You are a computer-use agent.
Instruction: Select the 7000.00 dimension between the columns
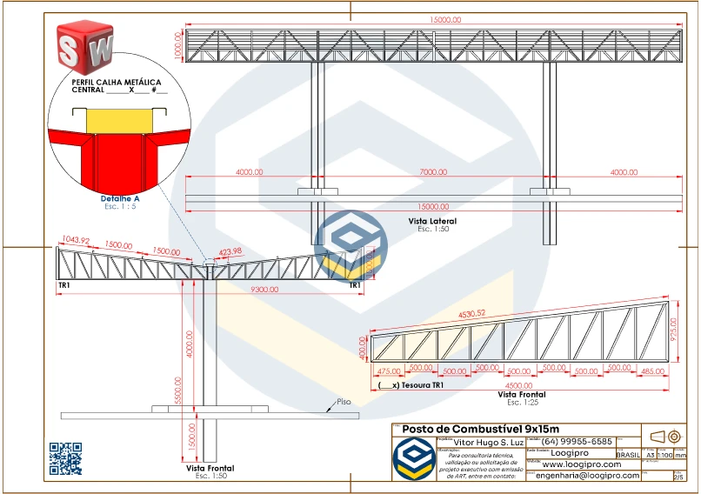click(x=432, y=172)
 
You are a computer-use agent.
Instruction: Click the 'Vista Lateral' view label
click(x=432, y=222)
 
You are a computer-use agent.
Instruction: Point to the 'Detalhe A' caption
click(x=120, y=199)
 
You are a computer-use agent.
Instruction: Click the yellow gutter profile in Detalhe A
click(x=119, y=119)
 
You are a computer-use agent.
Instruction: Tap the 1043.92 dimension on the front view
click(x=77, y=240)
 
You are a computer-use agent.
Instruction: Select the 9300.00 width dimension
click(x=264, y=289)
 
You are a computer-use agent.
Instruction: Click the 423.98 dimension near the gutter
click(x=230, y=252)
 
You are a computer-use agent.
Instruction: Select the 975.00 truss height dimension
click(x=673, y=334)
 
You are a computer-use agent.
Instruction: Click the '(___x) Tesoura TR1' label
click(x=412, y=384)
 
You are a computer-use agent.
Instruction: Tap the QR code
click(x=65, y=458)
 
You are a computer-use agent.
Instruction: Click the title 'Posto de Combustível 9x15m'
click(x=481, y=429)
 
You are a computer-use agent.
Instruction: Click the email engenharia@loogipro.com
click(x=587, y=476)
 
